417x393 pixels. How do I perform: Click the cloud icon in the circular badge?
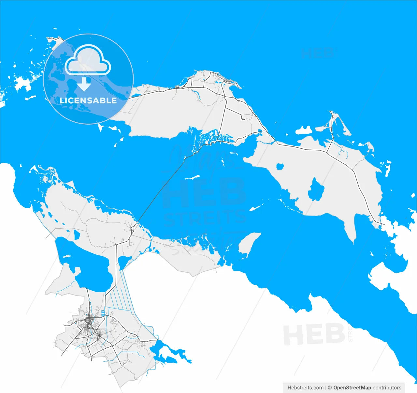pos(88,61)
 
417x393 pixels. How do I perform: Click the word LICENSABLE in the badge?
pos(88,100)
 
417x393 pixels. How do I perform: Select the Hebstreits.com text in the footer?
pos(305,388)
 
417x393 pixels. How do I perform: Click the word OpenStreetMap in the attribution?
pos(352,388)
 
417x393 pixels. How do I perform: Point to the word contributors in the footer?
pos(387,388)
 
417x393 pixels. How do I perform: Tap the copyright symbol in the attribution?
pos(330,388)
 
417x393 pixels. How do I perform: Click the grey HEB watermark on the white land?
pos(314,335)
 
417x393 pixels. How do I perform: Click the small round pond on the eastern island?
pos(280,166)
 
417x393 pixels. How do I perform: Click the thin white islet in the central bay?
pos(193,177)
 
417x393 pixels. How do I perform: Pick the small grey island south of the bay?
pos(248,243)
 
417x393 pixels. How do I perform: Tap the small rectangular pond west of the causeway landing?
pos(77,234)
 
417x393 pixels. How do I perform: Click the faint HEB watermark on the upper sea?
pos(318,53)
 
